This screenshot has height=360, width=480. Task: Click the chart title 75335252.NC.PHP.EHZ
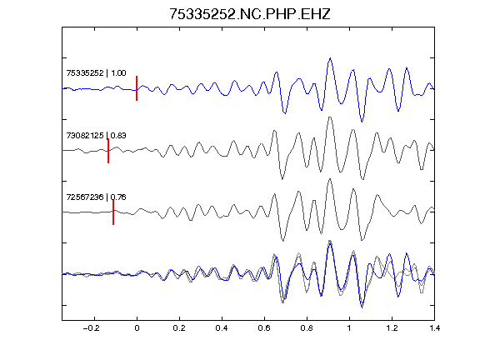[250, 14]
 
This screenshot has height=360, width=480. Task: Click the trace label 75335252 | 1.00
[96, 73]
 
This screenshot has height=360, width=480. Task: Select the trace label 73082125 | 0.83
[96, 135]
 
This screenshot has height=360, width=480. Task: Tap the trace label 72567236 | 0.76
[96, 197]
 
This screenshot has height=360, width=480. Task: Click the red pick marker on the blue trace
[137, 88]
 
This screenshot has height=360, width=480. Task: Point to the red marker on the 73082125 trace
[108, 151]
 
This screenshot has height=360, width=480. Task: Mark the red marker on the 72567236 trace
[113, 212]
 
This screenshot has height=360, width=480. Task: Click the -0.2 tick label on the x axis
[91, 328]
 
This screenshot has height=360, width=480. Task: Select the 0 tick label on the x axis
[137, 328]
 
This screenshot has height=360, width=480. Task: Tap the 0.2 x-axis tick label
[179, 328]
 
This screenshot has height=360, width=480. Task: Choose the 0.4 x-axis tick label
[222, 328]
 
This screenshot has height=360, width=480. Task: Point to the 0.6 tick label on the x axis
[264, 328]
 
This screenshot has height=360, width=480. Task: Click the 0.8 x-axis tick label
[307, 328]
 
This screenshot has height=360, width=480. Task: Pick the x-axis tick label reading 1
[349, 328]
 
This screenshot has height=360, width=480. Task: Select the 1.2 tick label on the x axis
[392, 328]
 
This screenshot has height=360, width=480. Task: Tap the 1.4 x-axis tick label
[434, 328]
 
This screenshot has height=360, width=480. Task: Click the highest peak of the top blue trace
[330, 58]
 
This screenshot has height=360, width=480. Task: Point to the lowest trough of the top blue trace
[362, 122]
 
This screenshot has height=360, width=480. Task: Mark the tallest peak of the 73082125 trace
[330, 117]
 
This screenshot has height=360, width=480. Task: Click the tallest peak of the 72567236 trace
[330, 179]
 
